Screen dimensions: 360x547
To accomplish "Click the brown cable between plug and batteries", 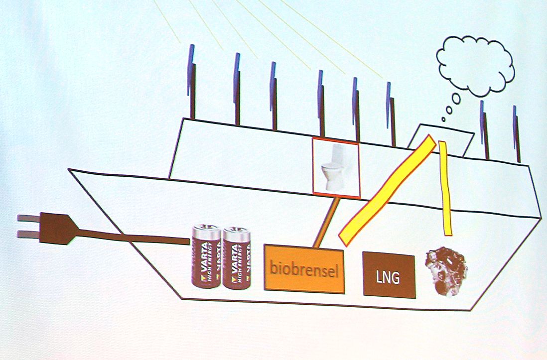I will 135,238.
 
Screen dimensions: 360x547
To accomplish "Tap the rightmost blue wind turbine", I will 517,132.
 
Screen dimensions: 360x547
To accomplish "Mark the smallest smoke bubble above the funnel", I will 443,119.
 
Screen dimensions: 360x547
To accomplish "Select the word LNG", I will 389,277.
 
